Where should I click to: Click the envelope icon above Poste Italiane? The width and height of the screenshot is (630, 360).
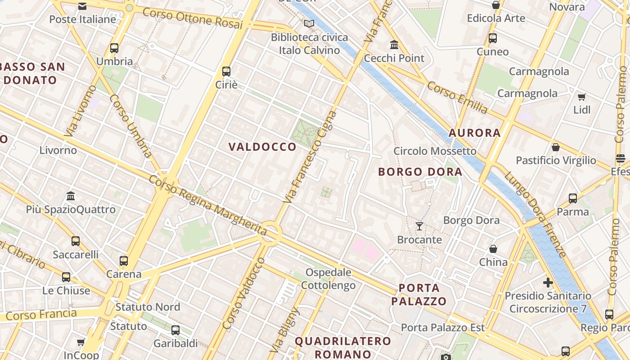coord(82,6)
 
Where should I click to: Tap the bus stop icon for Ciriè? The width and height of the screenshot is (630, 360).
coord(226,71)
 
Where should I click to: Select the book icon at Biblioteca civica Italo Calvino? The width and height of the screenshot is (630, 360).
coord(309,24)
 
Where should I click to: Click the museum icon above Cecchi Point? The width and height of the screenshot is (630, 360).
coord(394,45)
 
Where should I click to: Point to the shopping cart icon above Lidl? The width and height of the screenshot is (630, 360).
coord(581,97)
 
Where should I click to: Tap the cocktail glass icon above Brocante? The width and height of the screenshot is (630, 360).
coord(419,226)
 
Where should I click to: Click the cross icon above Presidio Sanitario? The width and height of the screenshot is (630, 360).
coord(548,283)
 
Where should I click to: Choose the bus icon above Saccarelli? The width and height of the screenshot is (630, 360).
coord(76,241)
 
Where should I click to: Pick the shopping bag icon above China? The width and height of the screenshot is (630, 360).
coord(493,249)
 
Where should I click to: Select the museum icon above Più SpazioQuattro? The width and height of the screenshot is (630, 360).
coord(71,196)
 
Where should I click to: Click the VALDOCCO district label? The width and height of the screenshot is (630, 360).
coord(262,147)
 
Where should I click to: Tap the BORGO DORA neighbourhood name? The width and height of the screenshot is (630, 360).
coord(420,172)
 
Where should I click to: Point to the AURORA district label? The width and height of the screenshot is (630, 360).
coord(475,133)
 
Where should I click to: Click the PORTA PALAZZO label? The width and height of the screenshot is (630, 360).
coord(418,294)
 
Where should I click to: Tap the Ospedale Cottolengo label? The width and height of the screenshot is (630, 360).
coord(328,279)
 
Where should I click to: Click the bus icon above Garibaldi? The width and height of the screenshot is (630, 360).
coord(175,330)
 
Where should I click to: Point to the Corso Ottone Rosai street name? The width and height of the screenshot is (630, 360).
coord(193,18)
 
